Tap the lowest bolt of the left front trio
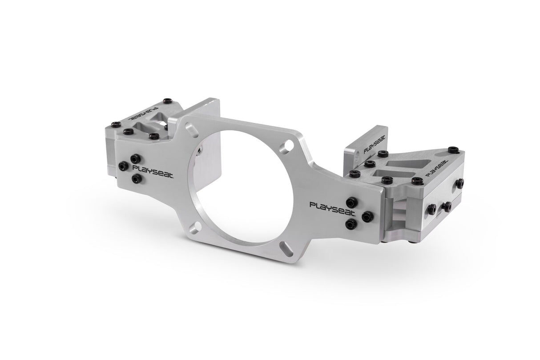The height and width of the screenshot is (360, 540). click(137, 179)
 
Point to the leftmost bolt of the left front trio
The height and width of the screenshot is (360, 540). click(123, 166)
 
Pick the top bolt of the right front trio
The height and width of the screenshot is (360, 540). click(351, 202)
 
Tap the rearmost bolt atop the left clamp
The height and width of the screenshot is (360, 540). click(167, 101)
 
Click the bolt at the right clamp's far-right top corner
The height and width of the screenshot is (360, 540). click(452, 150)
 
